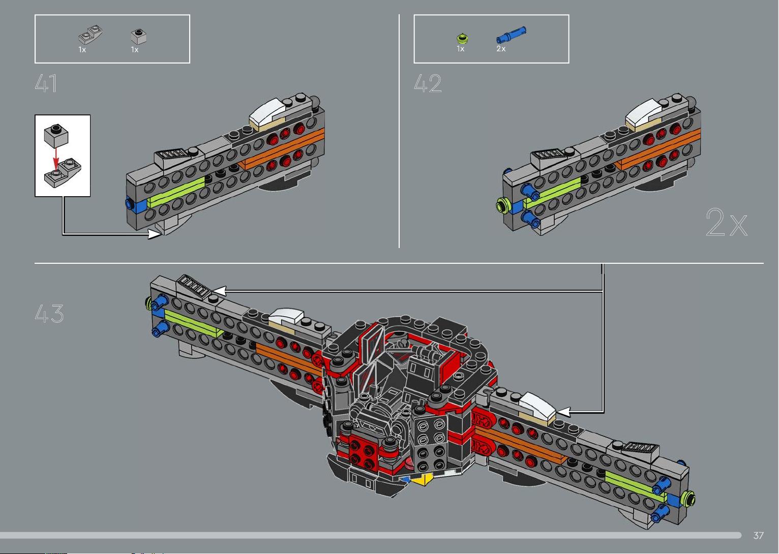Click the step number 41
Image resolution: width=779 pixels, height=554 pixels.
click(x=46, y=83)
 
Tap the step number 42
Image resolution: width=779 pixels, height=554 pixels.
click(x=428, y=83)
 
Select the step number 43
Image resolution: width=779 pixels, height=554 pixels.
click(x=49, y=314)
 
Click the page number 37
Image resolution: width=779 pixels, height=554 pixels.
click(x=759, y=535)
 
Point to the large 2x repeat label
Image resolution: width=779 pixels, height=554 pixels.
click(x=727, y=223)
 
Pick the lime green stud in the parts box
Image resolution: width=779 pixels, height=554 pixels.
click(x=462, y=38)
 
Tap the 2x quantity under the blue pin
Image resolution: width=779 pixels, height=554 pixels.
click(x=501, y=49)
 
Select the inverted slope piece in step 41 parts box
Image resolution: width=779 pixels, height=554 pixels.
click(x=91, y=35)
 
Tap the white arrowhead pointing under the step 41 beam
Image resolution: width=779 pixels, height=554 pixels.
click(x=154, y=234)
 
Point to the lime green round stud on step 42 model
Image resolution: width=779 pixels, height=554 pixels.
click(x=502, y=206)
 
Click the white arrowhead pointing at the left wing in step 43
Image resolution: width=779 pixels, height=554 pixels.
click(x=219, y=291)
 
